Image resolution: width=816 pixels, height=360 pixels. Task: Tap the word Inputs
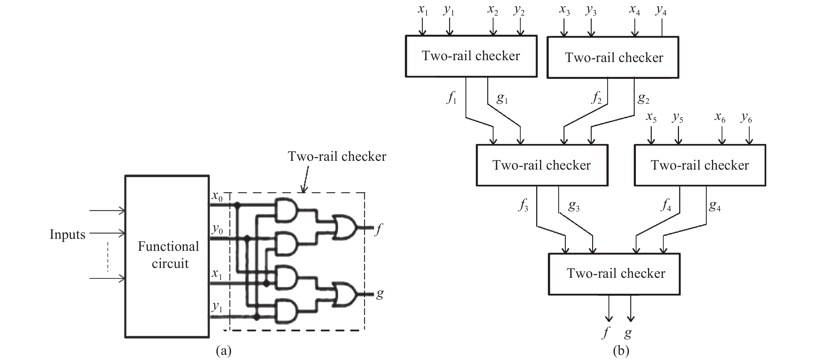tap(67, 235)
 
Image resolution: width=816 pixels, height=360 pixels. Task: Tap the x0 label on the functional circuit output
tap(217, 197)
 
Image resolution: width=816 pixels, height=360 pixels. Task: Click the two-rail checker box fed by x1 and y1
tap(471, 56)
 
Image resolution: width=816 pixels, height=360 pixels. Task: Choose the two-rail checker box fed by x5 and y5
tap(700, 165)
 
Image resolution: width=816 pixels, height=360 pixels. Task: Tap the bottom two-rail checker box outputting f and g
tap(614, 274)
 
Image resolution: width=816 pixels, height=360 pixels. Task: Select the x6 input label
tap(720, 117)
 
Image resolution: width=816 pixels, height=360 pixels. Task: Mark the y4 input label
tap(661, 10)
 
